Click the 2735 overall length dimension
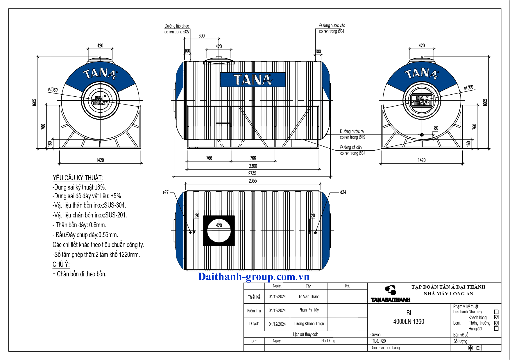pos(252,173)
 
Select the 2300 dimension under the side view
pos(253,166)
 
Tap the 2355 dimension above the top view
pos(253,181)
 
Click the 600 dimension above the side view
pos(202,36)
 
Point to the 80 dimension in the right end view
pos(436,128)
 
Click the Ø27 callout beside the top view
pos(166,192)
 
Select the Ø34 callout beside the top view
pos(343,192)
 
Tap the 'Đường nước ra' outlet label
pos(352,132)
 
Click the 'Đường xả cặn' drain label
pos(351,147)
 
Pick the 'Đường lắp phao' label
pos(177,26)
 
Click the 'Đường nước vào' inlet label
pos(332,26)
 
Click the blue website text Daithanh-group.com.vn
pos(254,277)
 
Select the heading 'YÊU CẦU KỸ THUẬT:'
pos(78,178)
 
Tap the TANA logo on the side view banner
pos(253,80)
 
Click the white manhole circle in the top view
pos(219,231)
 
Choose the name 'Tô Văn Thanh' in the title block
pos(309,297)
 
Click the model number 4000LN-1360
pos(409,322)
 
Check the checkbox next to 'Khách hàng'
pos(496,317)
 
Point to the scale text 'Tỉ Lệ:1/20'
pos(378,341)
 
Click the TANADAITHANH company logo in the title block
pos(391,294)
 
